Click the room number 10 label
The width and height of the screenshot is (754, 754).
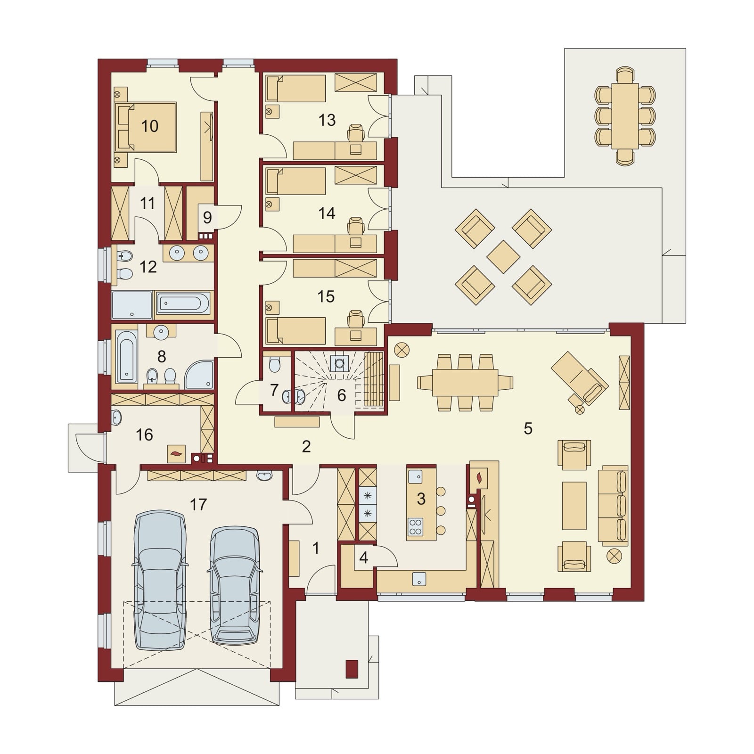pos(149,126)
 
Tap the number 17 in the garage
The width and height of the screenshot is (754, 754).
pos(198,505)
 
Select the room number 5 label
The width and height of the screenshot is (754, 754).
pos(528,428)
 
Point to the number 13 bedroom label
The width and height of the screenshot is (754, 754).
pos(327,120)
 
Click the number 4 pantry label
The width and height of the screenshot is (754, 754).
pos(363,557)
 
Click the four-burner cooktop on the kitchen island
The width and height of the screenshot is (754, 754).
pos(416,526)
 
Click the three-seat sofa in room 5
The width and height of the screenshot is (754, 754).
pos(614,506)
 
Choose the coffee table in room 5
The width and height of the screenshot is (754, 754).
pos(574,506)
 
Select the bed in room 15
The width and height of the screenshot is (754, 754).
pos(295,330)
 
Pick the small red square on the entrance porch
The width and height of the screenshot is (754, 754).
pos(352,669)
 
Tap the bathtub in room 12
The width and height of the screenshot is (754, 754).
pos(183,304)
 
